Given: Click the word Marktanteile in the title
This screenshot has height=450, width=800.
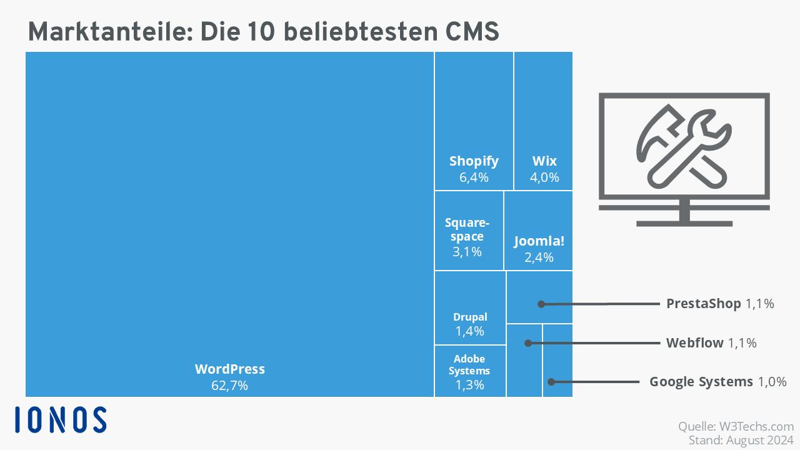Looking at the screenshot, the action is coord(111,31).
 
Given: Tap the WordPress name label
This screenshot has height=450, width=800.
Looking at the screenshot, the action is coord(229,369).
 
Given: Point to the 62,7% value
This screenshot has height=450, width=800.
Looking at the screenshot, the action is coord(229,386).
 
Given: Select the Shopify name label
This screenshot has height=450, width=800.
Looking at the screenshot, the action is coord(474,161).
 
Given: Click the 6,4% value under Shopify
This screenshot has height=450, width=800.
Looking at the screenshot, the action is coord(474,177).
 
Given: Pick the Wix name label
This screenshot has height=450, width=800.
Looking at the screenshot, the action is coord(544,161).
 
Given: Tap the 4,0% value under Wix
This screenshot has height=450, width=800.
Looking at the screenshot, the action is coord(544,177).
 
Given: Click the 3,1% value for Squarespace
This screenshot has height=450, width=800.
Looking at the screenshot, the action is coord(467,252).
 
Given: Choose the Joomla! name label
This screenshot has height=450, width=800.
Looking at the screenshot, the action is coord(539,241).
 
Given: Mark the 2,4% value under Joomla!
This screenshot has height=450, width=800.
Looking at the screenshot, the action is coord(539,257).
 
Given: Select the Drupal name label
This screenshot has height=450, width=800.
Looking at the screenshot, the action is coord(470,317).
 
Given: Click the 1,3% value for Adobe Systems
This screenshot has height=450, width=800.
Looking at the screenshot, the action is coord(469,384).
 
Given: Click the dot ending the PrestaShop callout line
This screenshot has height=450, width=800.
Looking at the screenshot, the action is coord(541,304).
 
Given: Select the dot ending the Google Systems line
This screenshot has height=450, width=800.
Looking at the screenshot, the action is coord(551,382).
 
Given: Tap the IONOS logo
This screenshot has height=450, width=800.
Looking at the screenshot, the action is coord(61,419).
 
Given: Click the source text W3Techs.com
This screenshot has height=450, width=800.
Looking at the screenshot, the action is coord(756,426).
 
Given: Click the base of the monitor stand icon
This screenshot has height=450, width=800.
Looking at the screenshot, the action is coord(684,224).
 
